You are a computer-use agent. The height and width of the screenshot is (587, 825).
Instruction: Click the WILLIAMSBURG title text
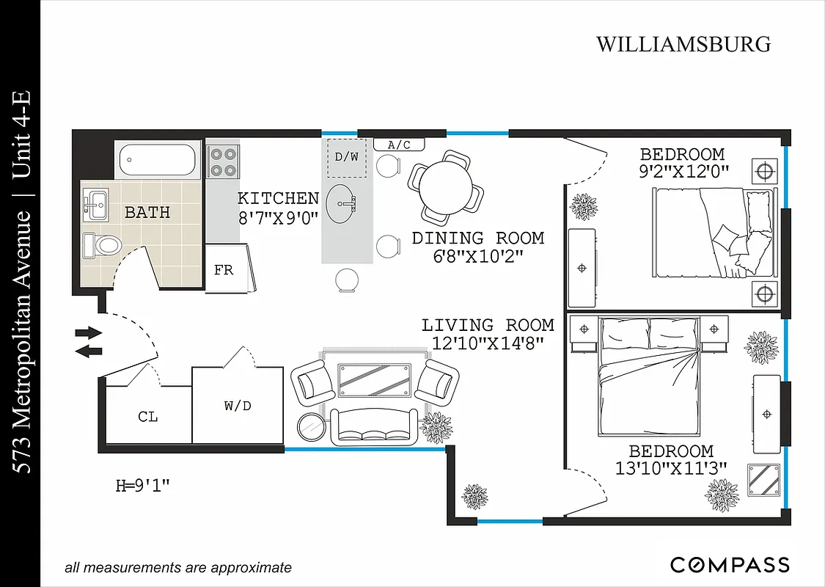click(683, 44)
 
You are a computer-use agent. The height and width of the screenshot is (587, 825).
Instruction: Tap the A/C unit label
click(399, 145)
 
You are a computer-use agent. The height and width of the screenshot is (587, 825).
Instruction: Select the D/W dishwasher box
click(346, 157)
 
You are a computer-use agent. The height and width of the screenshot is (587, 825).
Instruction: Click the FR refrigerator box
click(224, 270)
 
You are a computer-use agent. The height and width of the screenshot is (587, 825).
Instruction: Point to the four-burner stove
click(223, 162)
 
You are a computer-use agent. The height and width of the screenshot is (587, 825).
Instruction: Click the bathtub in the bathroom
click(158, 159)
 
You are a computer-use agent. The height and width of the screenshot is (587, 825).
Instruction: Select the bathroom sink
click(96, 203)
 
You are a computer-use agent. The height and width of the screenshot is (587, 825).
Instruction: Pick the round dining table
click(447, 186)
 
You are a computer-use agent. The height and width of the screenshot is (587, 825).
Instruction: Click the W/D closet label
click(238, 405)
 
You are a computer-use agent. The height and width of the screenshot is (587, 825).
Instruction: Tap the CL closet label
click(147, 417)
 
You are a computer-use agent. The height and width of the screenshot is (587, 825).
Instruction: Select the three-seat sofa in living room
click(374, 426)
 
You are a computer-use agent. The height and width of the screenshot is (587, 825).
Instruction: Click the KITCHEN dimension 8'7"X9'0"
click(278, 217)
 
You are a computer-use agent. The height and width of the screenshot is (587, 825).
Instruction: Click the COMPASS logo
click(730, 565)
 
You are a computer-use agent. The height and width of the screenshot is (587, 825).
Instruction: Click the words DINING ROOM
click(477, 238)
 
